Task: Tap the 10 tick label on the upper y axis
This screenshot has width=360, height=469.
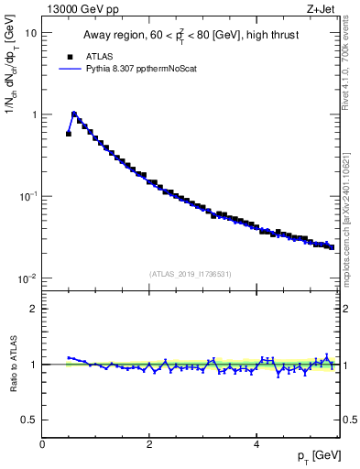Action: click(x=30, y=33)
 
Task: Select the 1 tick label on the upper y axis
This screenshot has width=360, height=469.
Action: click(x=34, y=115)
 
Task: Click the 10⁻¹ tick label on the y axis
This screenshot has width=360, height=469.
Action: click(x=28, y=196)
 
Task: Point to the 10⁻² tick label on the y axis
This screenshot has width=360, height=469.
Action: click(x=28, y=278)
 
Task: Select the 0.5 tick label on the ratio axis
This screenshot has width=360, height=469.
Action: click(x=29, y=420)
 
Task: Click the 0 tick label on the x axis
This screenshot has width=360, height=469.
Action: click(x=42, y=444)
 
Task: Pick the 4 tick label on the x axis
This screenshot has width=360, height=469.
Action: click(x=256, y=444)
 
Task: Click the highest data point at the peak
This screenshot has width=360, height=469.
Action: click(x=74, y=115)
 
